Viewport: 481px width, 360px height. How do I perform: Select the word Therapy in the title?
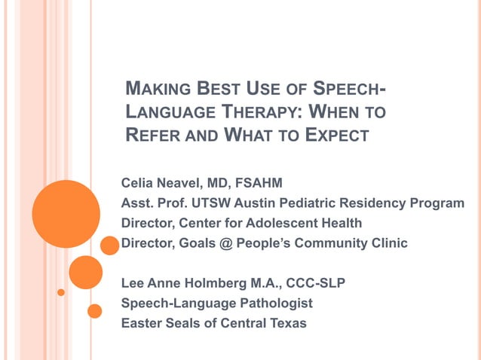click(x=253, y=114)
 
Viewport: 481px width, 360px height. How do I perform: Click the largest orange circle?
click(x=66, y=214)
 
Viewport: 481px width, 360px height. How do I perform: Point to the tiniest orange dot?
click(x=61, y=291)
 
